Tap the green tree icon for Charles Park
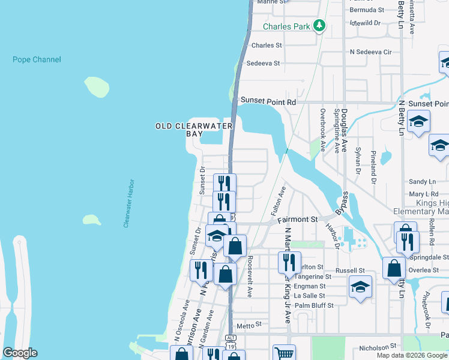click(320, 25)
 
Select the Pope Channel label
click(37, 59)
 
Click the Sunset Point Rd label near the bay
click(268, 102)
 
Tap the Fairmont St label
click(297, 220)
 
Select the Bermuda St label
click(367, 10)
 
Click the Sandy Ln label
click(421, 181)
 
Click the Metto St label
click(250, 325)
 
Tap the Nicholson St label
click(378, 347)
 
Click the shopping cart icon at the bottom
click(284, 353)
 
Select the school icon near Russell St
click(360, 287)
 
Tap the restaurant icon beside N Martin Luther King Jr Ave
click(289, 262)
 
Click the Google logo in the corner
click(20, 353)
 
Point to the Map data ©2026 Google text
click(412, 355)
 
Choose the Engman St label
click(311, 286)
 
